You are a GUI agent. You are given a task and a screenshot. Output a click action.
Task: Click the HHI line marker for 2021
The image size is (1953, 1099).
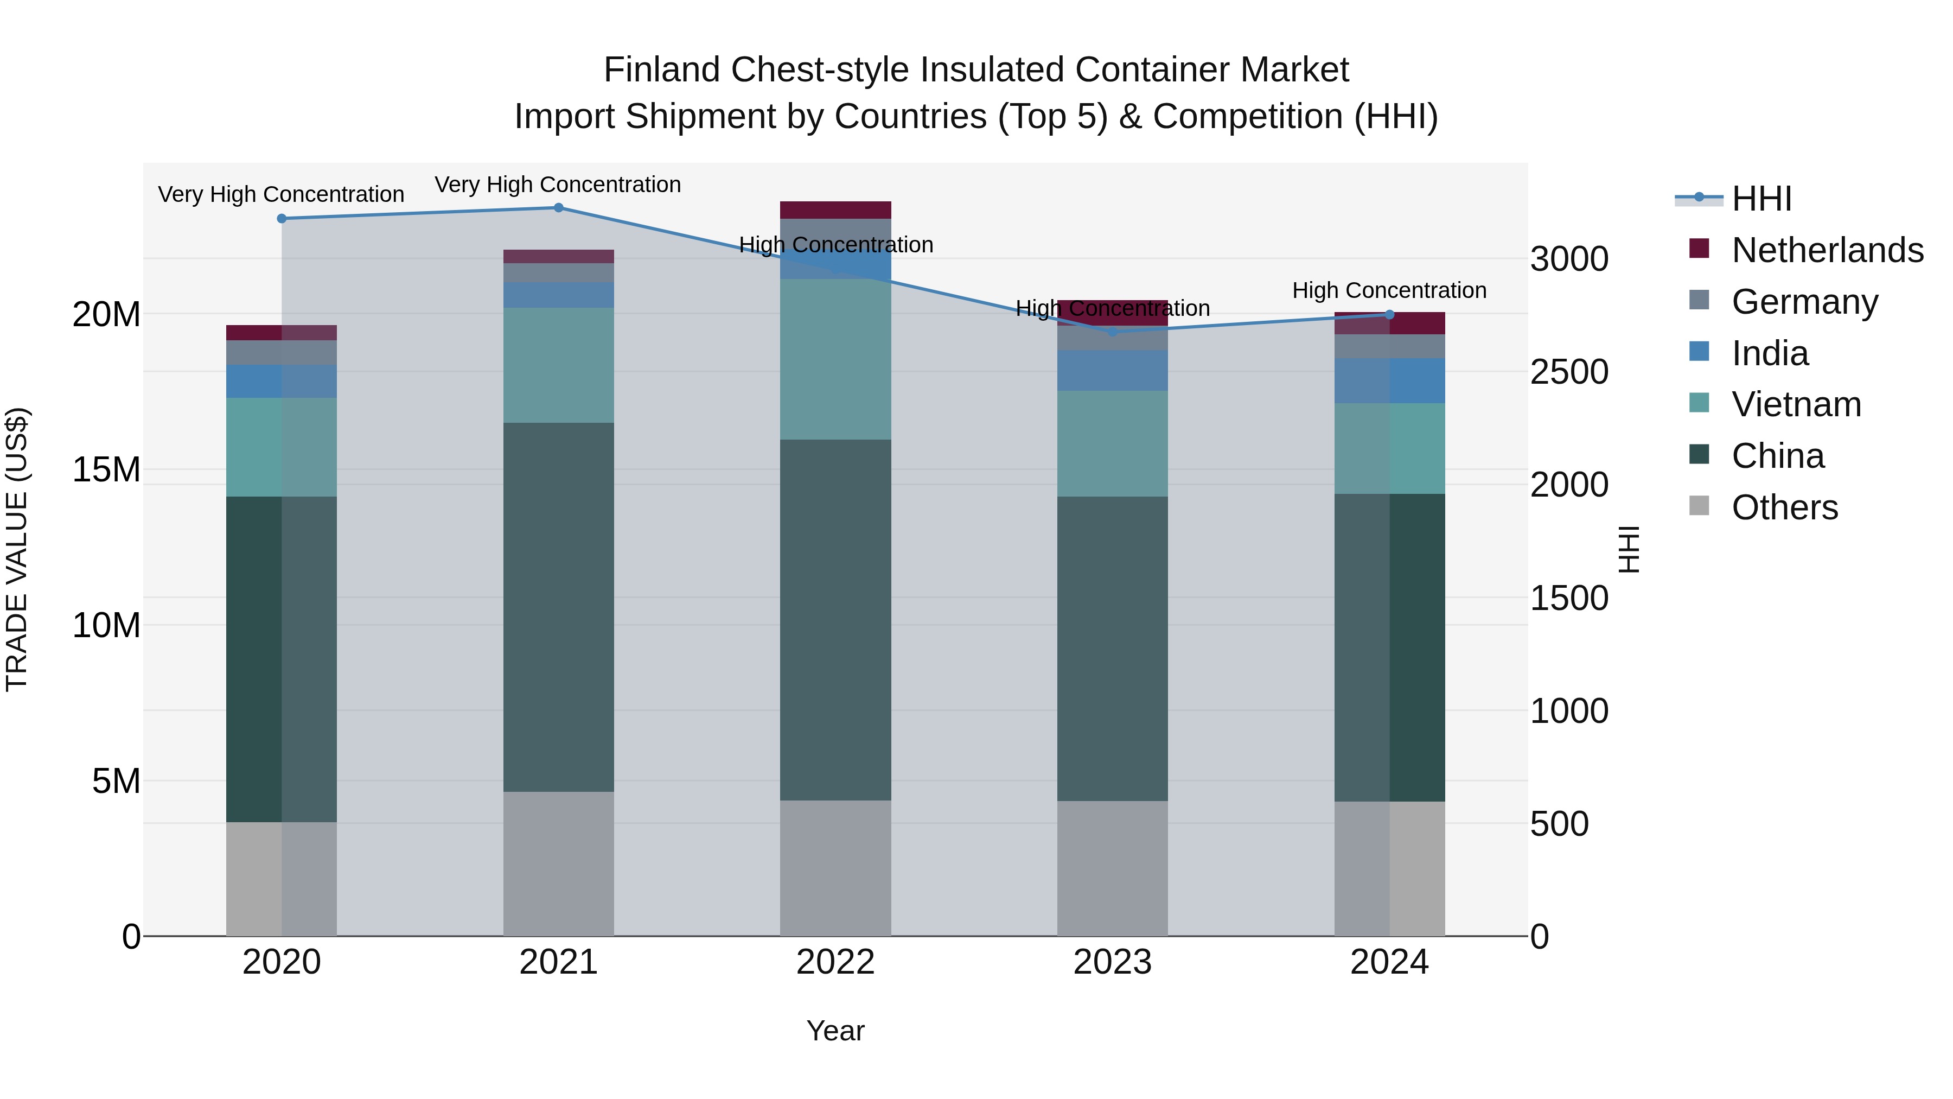tap(558, 208)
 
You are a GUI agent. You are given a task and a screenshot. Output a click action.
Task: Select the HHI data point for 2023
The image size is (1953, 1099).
tap(1112, 332)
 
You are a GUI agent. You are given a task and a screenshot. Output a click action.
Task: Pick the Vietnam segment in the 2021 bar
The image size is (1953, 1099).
tap(558, 365)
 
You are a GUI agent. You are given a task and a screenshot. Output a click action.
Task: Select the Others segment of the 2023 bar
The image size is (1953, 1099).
tap(1112, 868)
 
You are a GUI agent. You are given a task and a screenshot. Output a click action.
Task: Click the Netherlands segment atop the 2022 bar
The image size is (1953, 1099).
tap(835, 210)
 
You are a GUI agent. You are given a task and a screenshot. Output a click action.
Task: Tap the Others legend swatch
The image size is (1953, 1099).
tap(1699, 506)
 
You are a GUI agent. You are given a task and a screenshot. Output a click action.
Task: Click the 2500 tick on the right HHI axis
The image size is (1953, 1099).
tap(1568, 372)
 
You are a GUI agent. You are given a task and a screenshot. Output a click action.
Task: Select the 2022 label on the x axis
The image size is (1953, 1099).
tap(835, 962)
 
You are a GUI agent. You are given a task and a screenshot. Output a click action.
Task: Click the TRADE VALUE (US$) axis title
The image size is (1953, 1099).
tap(17, 549)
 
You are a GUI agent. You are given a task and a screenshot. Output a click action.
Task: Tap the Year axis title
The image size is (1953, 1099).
tap(835, 1031)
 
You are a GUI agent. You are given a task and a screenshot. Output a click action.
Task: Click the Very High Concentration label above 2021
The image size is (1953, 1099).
tap(558, 185)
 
